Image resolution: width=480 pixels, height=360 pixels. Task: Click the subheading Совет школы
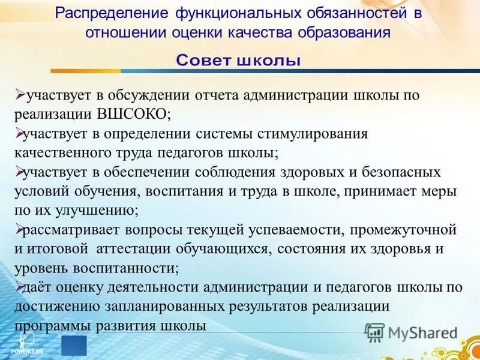click(x=238, y=61)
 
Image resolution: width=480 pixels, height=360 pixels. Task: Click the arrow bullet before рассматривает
click(x=19, y=229)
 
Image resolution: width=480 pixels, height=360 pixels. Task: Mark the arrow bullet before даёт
click(x=19, y=286)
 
